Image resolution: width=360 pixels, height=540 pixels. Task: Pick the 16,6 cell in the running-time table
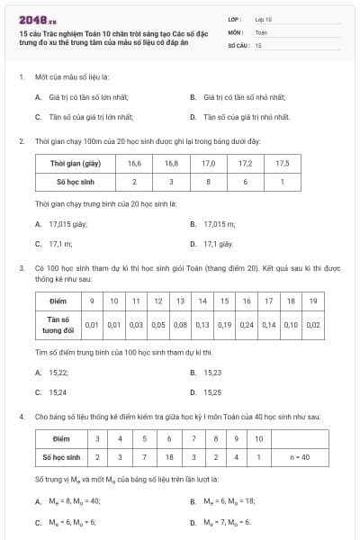pyautogui.click(x=135, y=164)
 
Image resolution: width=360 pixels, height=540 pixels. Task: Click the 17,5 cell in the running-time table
pyautogui.click(x=282, y=164)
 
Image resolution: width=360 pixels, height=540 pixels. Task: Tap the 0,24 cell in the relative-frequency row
pyautogui.click(x=246, y=323)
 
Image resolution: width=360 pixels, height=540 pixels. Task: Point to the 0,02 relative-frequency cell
pyautogui.click(x=313, y=323)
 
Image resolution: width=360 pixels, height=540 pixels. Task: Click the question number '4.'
pyautogui.click(x=21, y=417)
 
